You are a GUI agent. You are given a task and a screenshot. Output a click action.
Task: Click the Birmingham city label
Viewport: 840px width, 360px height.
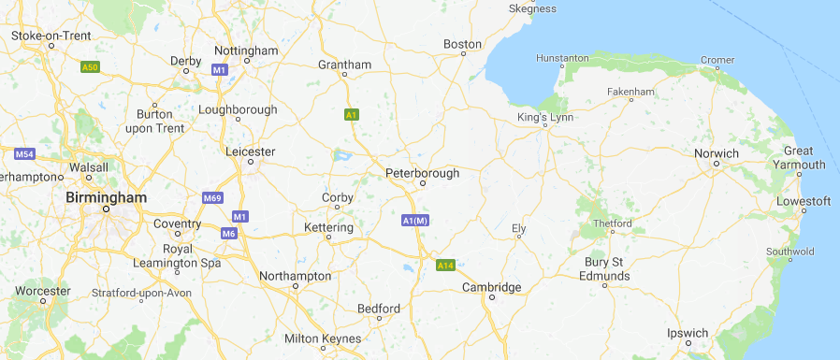107,197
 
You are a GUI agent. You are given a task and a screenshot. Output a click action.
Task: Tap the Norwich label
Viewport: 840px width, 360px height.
717,153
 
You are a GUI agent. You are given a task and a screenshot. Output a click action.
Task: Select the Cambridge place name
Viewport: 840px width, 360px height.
492,287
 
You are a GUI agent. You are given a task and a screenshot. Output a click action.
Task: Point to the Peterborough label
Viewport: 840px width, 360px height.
423,173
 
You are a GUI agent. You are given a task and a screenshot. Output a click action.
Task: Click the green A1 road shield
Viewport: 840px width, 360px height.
351,115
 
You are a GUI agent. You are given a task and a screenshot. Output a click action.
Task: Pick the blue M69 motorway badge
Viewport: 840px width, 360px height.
212,198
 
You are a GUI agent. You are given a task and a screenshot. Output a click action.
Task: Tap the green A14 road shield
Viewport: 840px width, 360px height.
445,266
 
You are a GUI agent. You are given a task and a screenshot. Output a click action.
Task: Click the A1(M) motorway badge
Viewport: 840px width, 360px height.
414,221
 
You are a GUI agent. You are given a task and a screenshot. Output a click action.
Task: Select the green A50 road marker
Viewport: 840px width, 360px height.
90,67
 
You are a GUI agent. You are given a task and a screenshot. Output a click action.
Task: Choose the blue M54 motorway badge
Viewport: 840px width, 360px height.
24,153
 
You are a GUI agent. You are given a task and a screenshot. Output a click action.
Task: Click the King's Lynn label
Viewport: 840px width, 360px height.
545,118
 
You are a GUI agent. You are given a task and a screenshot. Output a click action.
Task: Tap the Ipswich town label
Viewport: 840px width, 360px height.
688,333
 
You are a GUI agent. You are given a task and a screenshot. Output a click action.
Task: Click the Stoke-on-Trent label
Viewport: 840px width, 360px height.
51,36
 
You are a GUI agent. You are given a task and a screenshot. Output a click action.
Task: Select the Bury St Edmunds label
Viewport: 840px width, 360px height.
604,269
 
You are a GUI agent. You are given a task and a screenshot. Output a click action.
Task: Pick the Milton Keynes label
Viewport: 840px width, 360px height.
322,338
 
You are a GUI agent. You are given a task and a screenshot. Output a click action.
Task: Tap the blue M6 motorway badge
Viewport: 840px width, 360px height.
229,233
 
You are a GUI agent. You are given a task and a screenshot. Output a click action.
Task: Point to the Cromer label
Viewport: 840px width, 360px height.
717,60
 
